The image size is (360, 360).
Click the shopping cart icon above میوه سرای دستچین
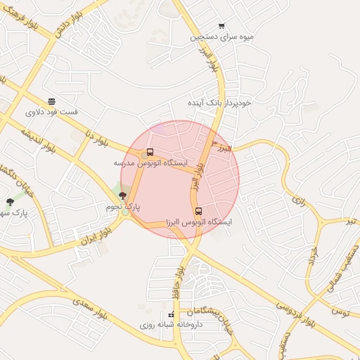click(x=222, y=25)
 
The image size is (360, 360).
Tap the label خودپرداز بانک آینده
click(x=219, y=103)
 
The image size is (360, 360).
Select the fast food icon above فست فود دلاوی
click(x=51, y=101)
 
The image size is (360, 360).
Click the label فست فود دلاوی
click(x=51, y=112)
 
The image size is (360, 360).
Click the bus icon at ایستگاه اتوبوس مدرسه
click(x=150, y=153)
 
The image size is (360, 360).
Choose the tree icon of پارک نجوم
click(x=123, y=196)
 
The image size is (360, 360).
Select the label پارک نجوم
click(x=124, y=207)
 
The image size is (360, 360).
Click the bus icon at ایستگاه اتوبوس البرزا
click(x=198, y=211)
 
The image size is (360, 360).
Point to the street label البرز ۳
click(x=226, y=148)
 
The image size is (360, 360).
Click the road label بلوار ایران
click(x=97, y=231)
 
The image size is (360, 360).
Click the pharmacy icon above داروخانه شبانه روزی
click(x=172, y=314)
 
